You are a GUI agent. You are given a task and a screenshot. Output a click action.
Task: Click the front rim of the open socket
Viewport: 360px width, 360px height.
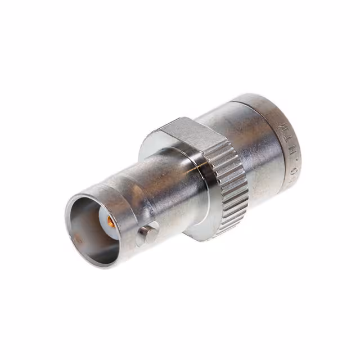[70, 225]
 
